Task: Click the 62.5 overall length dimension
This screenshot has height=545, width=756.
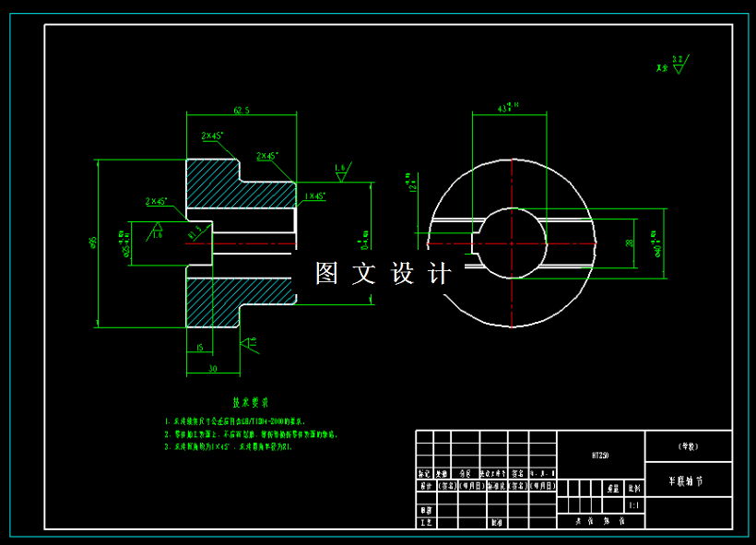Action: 242,111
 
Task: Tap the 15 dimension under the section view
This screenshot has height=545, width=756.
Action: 199,348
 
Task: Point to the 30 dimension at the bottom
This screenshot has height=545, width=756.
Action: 213,368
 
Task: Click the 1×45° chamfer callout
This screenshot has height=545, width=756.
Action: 315,196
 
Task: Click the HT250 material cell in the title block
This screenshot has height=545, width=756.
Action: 600,455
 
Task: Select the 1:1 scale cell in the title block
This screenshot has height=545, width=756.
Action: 633,505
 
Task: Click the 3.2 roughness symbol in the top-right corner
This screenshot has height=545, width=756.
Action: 678,63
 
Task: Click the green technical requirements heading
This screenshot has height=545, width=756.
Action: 250,403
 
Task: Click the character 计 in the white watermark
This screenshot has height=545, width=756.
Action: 441,273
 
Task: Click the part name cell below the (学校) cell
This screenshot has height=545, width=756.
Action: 688,480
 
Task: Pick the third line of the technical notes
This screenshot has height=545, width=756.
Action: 228,446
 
